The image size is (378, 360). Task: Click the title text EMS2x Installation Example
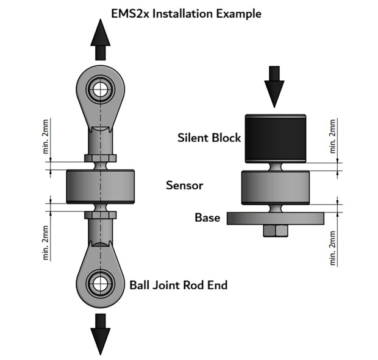pyautogui.click(x=185, y=13)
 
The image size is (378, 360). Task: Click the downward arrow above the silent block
pyautogui.click(x=275, y=86)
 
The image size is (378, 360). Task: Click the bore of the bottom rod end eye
pyautogui.click(x=100, y=282)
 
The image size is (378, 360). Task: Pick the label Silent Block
pyautogui.click(x=208, y=138)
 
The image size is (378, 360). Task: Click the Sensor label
pyautogui.click(x=184, y=185)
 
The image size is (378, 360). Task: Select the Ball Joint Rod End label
pyautogui.click(x=178, y=284)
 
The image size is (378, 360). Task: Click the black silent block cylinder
pyautogui.click(x=274, y=139)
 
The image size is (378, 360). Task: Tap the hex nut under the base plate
pyautogui.click(x=275, y=230)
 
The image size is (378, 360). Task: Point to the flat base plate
pyautogui.click(x=275, y=217)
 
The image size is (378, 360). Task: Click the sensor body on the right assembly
pyautogui.click(x=275, y=186)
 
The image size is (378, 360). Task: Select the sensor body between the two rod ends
pyautogui.click(x=100, y=186)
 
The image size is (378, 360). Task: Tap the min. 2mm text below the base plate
pyautogui.click(x=333, y=247)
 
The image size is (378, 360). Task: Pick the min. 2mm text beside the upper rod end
pyautogui.click(x=47, y=137)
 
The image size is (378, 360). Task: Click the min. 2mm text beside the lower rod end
pyautogui.click(x=47, y=242)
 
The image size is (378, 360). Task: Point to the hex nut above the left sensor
pyautogui.click(x=100, y=160)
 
